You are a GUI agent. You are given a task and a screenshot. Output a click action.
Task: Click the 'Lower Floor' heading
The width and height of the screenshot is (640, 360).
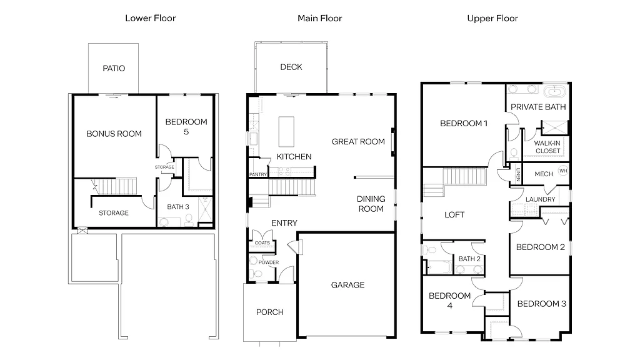(150, 18)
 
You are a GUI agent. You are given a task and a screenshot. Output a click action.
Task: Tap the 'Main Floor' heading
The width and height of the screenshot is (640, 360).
(319, 18)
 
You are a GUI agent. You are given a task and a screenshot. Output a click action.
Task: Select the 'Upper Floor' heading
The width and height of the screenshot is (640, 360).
(492, 18)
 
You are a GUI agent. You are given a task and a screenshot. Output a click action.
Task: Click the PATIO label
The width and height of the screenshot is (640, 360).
(114, 68)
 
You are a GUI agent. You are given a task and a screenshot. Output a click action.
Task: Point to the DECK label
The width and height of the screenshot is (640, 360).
(291, 67)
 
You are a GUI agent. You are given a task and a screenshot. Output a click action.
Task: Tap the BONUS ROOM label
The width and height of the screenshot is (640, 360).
(114, 133)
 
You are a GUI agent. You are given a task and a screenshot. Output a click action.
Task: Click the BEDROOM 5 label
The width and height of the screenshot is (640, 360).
(186, 126)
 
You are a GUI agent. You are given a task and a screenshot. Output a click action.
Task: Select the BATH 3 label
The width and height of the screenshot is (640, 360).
(178, 206)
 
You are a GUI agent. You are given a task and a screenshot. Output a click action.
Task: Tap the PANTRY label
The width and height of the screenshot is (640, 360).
(258, 174)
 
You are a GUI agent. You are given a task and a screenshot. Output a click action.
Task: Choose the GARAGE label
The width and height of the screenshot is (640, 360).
(347, 285)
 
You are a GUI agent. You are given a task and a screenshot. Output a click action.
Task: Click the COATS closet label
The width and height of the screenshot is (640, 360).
(262, 242)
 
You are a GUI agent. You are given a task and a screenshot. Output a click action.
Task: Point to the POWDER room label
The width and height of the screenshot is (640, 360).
(268, 262)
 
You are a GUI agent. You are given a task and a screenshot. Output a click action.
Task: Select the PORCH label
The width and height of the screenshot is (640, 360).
(270, 312)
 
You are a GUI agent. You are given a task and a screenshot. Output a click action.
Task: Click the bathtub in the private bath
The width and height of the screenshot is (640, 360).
(553, 92)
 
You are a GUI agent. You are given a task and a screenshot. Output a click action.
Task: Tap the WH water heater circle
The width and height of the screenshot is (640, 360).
(563, 171)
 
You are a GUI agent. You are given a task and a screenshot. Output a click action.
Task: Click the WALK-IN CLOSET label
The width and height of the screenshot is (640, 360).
(547, 147)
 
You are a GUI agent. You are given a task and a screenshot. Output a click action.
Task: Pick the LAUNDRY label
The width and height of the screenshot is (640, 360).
(541, 199)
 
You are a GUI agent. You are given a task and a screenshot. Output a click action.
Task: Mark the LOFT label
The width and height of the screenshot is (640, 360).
(454, 214)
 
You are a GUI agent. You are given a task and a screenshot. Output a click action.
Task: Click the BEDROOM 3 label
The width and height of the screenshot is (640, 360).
(542, 304)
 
